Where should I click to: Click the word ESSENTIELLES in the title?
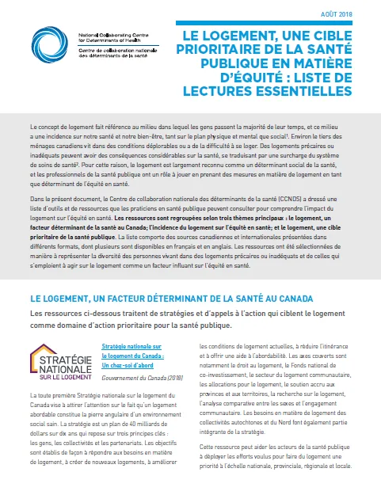tap(294, 91)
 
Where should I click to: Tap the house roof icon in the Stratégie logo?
tap(51, 329)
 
